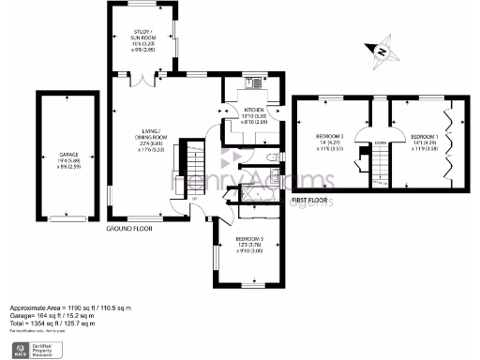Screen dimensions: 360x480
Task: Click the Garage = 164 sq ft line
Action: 57,315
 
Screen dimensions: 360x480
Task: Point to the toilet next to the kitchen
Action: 269,157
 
